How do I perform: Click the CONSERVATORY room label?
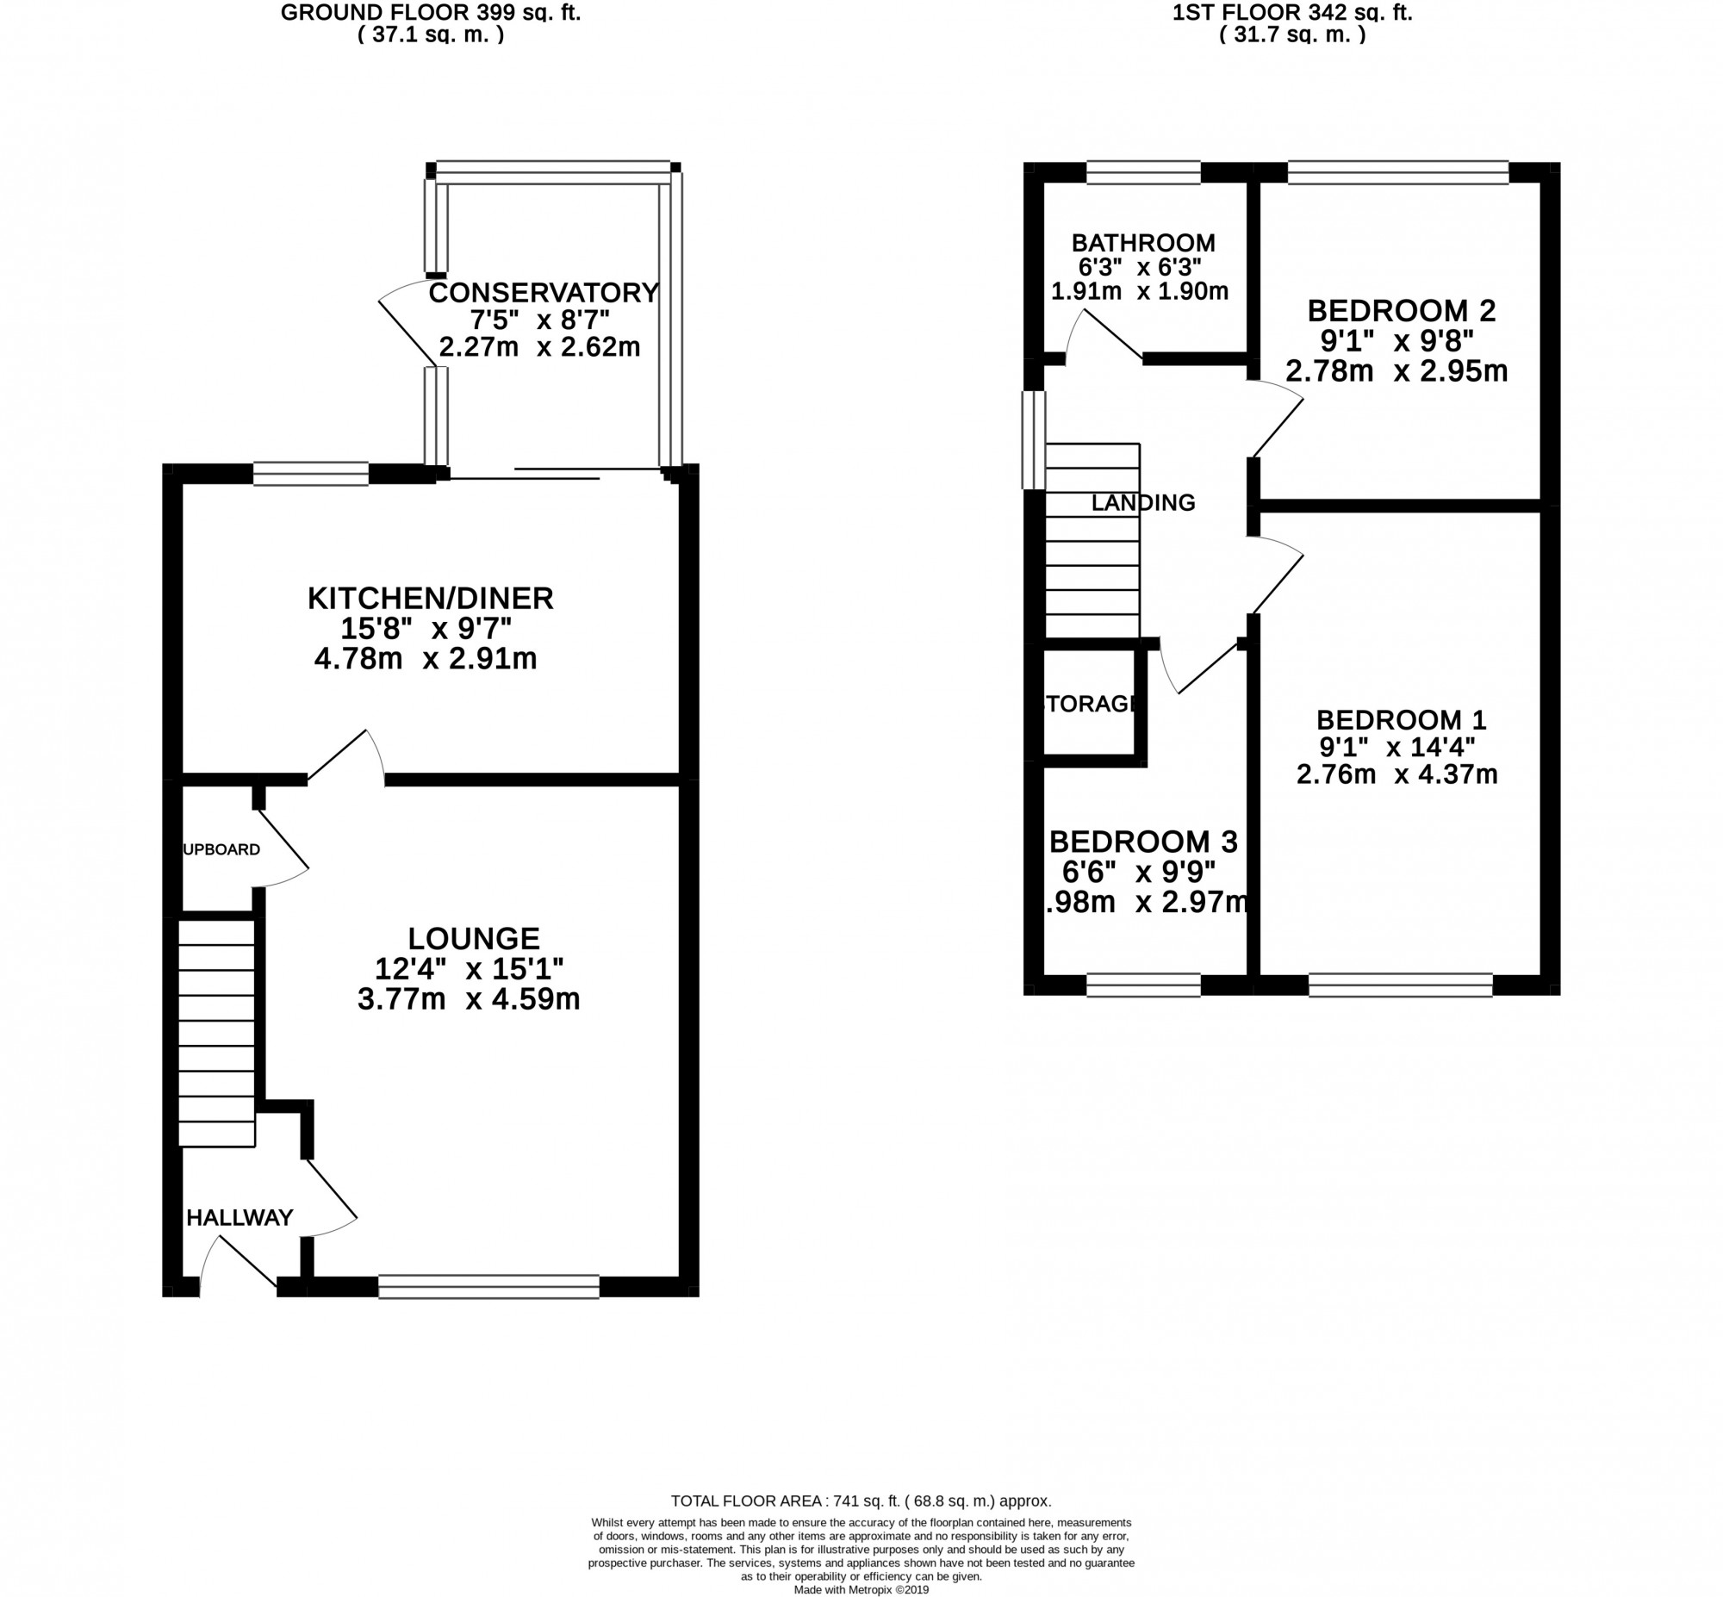(x=544, y=293)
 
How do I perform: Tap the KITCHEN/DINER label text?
(x=430, y=598)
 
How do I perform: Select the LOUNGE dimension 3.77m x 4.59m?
(x=469, y=999)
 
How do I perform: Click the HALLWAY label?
(x=239, y=1218)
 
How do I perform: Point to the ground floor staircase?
(x=217, y=1034)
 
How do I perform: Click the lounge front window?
(x=489, y=1287)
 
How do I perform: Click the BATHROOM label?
(x=1143, y=243)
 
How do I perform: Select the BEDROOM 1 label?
(x=1401, y=719)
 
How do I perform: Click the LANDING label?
(x=1142, y=502)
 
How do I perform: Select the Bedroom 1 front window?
(x=1400, y=985)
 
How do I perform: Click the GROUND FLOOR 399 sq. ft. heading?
(x=430, y=12)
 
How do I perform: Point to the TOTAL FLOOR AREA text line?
(x=861, y=1501)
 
